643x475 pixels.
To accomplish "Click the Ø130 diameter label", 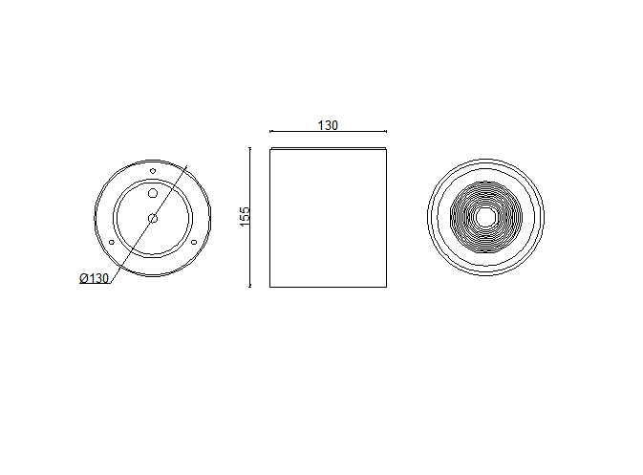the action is click(x=94, y=278).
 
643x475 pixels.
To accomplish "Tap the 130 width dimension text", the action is click(x=328, y=125).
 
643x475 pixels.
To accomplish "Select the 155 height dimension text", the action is click(x=245, y=217).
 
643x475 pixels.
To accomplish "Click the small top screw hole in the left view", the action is click(x=153, y=171).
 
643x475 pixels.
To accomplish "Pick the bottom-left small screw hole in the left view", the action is click(x=112, y=243).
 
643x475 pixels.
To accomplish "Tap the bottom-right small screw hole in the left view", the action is click(x=194, y=243).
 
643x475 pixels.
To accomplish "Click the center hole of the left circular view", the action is click(x=153, y=218).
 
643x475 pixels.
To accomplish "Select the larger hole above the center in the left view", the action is click(x=153, y=193).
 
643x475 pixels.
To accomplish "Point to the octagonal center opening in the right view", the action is click(x=485, y=217).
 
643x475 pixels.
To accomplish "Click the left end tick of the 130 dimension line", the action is click(x=269, y=131).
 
